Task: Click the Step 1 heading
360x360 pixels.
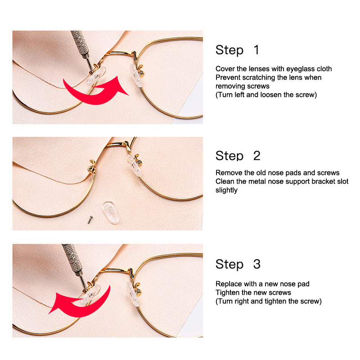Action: (x=238, y=50)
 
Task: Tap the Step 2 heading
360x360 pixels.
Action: (x=238, y=156)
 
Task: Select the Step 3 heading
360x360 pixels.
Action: (x=238, y=264)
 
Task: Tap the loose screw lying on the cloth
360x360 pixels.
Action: (x=90, y=219)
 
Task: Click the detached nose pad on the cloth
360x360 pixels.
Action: (x=111, y=212)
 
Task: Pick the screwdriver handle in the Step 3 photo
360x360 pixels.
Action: (x=72, y=256)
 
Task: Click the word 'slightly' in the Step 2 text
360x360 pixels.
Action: (x=226, y=190)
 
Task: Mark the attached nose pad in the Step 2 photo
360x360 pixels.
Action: (x=134, y=165)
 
